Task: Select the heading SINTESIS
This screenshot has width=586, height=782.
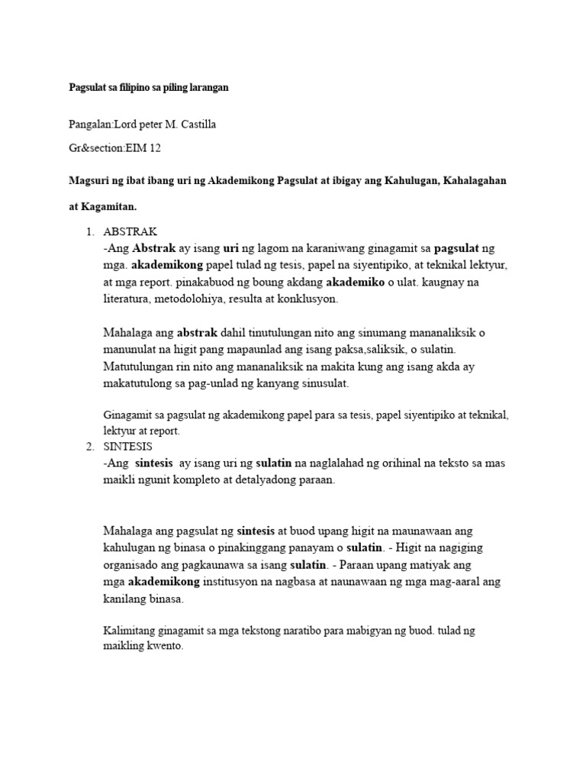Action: [127, 446]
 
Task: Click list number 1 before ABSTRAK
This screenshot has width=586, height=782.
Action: [89, 232]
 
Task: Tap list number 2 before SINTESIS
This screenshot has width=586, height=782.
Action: [89, 446]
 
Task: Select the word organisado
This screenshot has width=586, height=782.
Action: [132, 565]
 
